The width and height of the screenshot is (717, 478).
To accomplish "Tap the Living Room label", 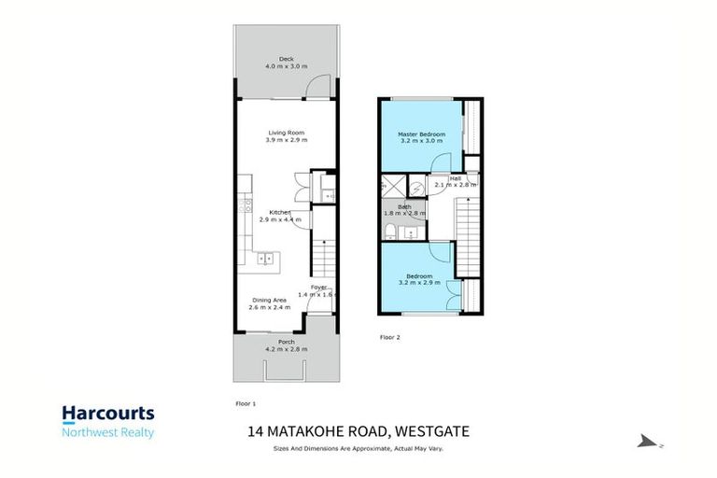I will (286, 133).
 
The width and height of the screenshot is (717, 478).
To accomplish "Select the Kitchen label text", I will (280, 212).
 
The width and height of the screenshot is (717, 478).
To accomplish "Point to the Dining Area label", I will (267, 300).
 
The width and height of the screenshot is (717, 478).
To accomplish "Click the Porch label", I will (286, 343).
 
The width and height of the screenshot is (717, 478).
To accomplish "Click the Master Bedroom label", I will (422, 134).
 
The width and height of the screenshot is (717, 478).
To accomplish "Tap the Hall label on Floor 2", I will (456, 177).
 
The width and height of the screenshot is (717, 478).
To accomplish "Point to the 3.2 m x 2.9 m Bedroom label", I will (417, 276).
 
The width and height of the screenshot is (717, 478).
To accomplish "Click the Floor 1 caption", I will (246, 402).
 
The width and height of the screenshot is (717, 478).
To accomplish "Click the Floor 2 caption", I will (389, 336).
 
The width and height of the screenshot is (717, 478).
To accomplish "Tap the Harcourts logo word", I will (108, 414).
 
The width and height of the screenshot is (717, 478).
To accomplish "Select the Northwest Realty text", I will (108, 432).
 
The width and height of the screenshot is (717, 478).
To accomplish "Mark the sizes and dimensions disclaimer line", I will (358, 449).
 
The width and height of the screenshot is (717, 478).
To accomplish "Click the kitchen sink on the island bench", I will (266, 259).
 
